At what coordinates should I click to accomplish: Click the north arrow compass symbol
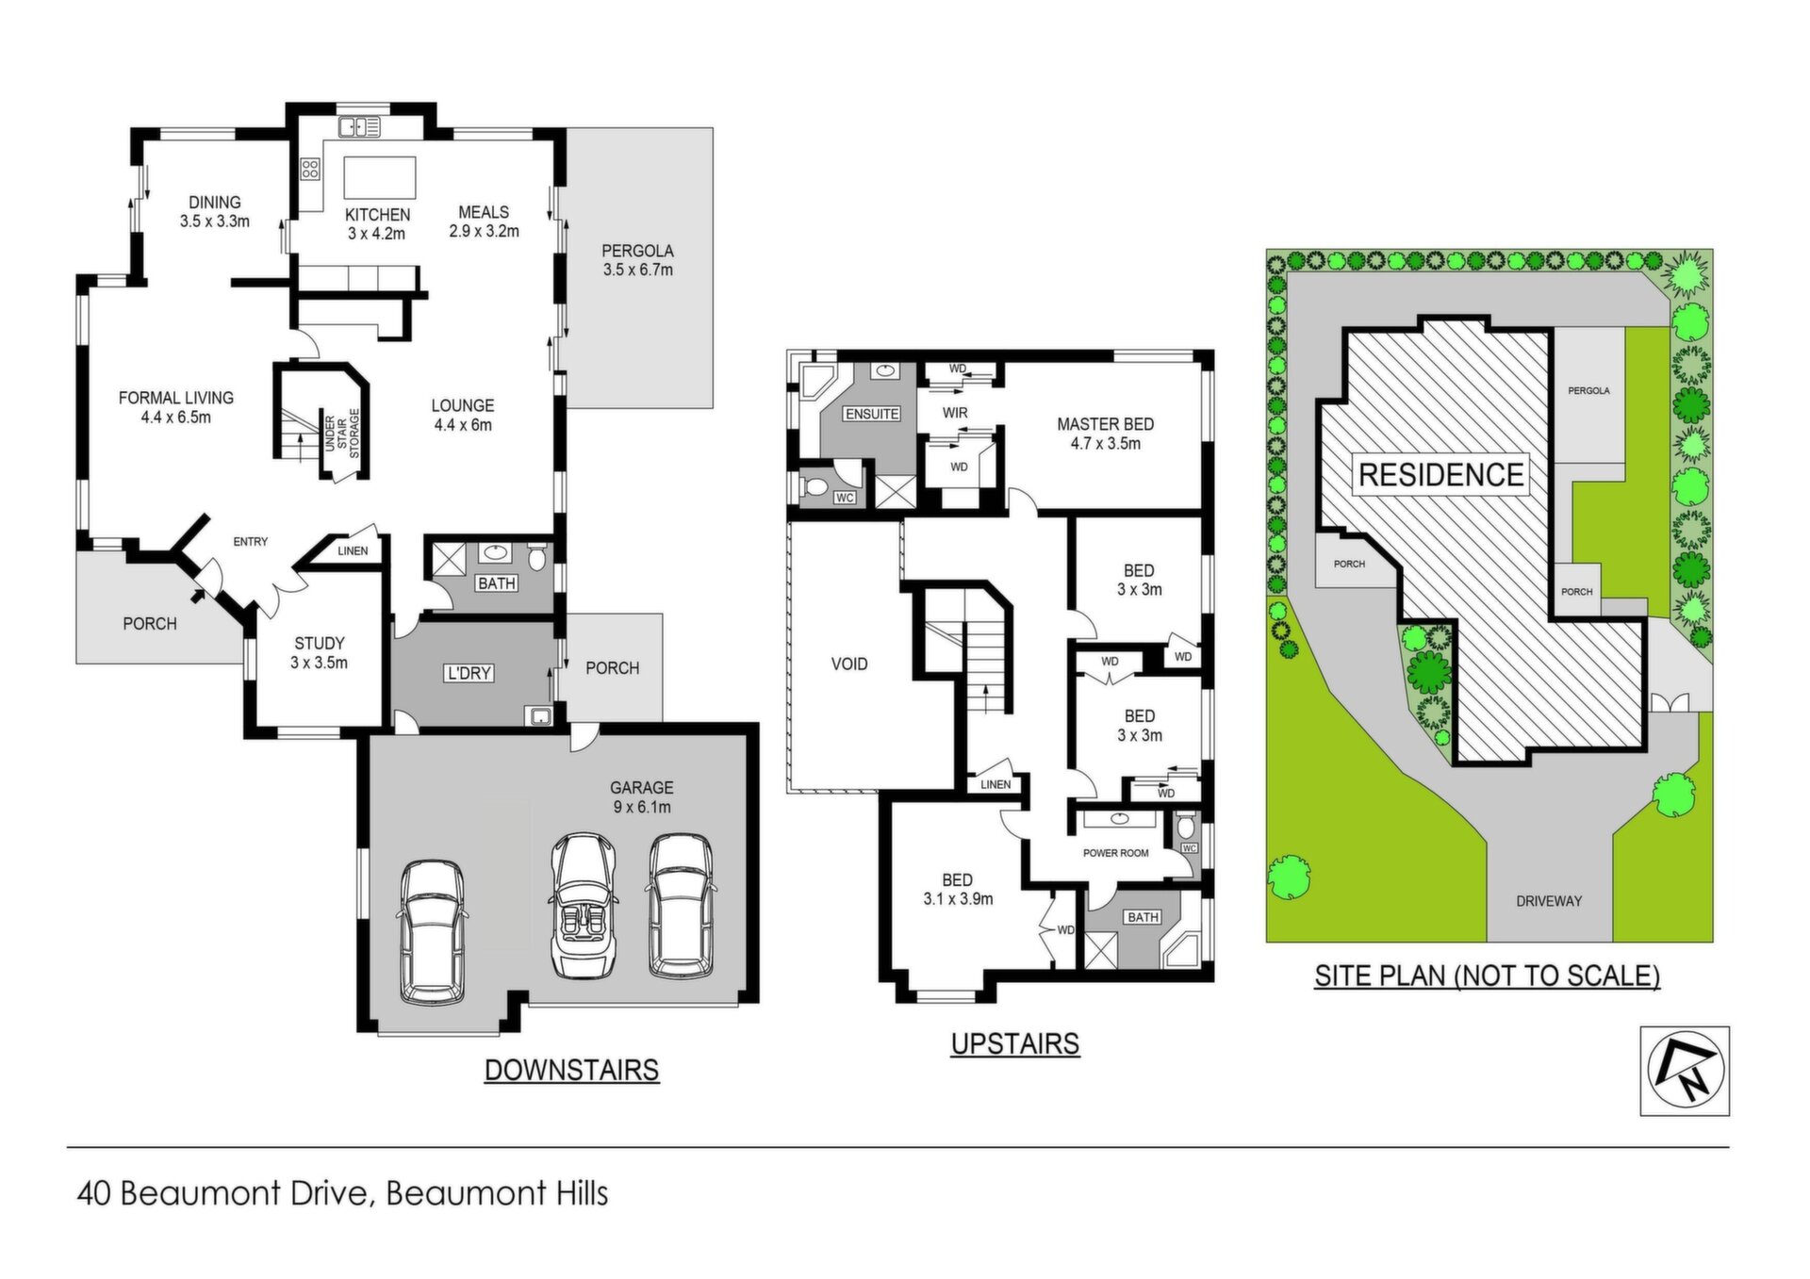pyautogui.click(x=1685, y=1071)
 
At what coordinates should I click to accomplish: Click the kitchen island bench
pyautogui.click(x=379, y=177)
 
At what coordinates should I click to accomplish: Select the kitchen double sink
pyautogui.click(x=359, y=126)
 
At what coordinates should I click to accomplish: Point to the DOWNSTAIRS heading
pyautogui.click(x=571, y=1070)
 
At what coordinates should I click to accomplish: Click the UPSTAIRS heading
pyautogui.click(x=1015, y=1043)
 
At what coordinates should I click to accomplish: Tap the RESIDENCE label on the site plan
pyautogui.click(x=1440, y=475)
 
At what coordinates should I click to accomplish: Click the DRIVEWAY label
pyautogui.click(x=1549, y=901)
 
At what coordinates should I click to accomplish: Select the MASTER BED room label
pyautogui.click(x=1105, y=424)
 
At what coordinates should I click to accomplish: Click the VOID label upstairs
pyautogui.click(x=849, y=664)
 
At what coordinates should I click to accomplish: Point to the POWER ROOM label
pyautogui.click(x=1115, y=853)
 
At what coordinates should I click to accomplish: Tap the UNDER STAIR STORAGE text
pyautogui.click(x=341, y=434)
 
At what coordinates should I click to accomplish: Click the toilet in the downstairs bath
pyautogui.click(x=537, y=558)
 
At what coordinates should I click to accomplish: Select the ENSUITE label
pyautogui.click(x=872, y=414)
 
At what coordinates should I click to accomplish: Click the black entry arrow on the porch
pyautogui.click(x=198, y=595)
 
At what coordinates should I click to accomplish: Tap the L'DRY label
pyautogui.click(x=469, y=674)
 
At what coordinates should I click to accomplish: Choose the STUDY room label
pyautogui.click(x=320, y=644)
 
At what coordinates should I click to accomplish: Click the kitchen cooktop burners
pyautogui.click(x=310, y=170)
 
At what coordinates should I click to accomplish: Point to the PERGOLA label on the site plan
pyautogui.click(x=1588, y=390)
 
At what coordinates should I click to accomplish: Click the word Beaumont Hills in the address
pyautogui.click(x=497, y=1193)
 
